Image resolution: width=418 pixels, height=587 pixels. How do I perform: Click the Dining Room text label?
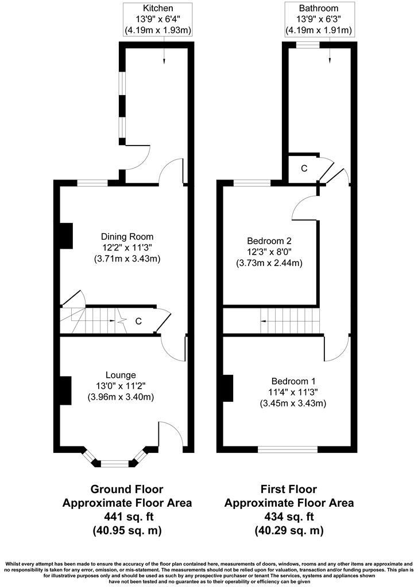[x=127, y=237]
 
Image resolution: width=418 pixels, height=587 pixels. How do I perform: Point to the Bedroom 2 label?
[x=269, y=241]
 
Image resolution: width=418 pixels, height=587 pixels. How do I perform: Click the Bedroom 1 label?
[x=293, y=381]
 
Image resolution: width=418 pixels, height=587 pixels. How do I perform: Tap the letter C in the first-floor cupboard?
[x=304, y=169]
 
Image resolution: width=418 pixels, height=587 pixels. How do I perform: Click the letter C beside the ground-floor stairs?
[x=138, y=322]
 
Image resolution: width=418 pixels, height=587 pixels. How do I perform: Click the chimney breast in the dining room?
[x=66, y=236]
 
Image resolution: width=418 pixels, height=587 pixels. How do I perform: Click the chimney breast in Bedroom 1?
[x=228, y=388]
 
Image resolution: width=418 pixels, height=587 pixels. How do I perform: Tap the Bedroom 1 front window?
[x=288, y=449]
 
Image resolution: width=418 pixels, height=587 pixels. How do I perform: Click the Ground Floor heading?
[x=127, y=490]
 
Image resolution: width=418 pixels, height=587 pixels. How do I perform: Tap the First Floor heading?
[x=289, y=490]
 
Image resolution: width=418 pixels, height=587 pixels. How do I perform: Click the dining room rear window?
[x=92, y=183]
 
